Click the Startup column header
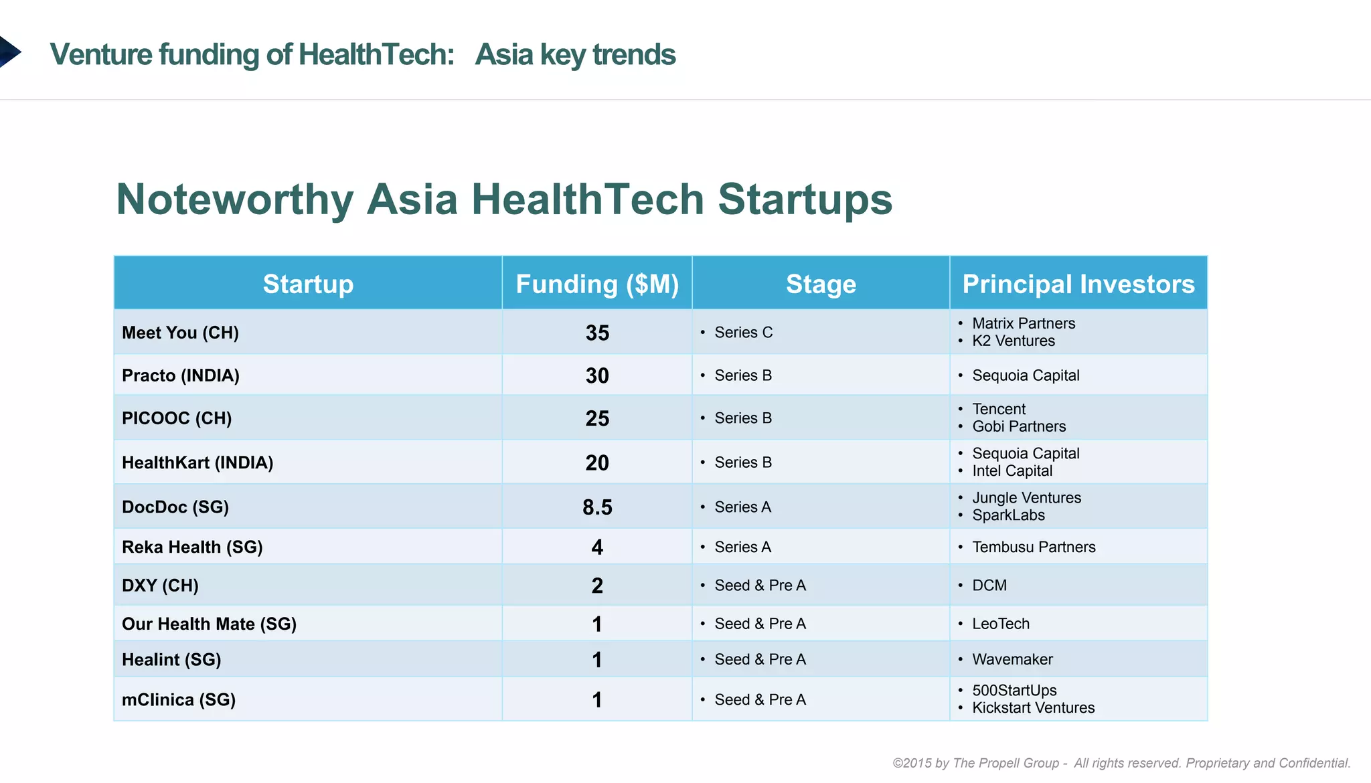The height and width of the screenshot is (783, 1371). [308, 284]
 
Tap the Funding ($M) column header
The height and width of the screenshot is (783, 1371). [597, 284]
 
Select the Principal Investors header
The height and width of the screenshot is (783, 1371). [1078, 284]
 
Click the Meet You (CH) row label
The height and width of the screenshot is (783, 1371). [180, 333]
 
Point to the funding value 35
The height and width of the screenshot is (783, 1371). [597, 333]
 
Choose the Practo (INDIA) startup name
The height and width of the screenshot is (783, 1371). [180, 375]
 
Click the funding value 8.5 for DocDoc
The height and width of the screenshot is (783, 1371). [597, 507]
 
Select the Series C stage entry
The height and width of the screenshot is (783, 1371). [743, 333]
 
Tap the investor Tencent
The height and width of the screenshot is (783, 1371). [999, 409]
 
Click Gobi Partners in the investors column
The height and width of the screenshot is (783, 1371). [1019, 426]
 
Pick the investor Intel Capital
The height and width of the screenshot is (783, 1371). [1012, 470]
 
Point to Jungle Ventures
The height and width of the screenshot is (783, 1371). [1026, 498]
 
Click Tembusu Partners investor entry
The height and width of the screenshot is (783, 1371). [1034, 547]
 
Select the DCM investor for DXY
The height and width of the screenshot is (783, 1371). [989, 586]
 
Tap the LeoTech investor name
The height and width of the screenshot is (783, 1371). [1001, 624]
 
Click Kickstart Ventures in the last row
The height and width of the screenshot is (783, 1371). [1033, 707]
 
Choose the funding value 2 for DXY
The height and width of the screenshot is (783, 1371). [597, 586]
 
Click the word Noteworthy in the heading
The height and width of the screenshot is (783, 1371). [234, 199]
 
